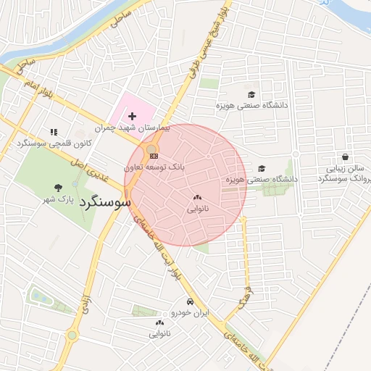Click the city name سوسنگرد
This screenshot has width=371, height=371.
click(105, 202)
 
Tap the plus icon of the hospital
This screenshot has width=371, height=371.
click(132, 116)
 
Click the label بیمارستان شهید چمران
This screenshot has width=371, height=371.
click(142, 128)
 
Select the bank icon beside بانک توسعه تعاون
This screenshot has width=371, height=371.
click(153, 155)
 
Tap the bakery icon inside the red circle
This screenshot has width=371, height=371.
click(197, 197)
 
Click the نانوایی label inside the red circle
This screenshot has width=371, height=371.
click(197, 209)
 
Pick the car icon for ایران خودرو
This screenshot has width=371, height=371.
click(190, 301)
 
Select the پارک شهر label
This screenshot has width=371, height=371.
click(59, 199)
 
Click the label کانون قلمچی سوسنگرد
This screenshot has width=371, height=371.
click(53, 143)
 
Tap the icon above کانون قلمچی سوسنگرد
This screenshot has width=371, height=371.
click(53, 132)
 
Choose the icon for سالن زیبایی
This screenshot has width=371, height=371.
click(344, 156)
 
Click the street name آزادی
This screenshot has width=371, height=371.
click(86, 304)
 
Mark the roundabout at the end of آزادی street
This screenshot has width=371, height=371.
click(72, 335)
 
